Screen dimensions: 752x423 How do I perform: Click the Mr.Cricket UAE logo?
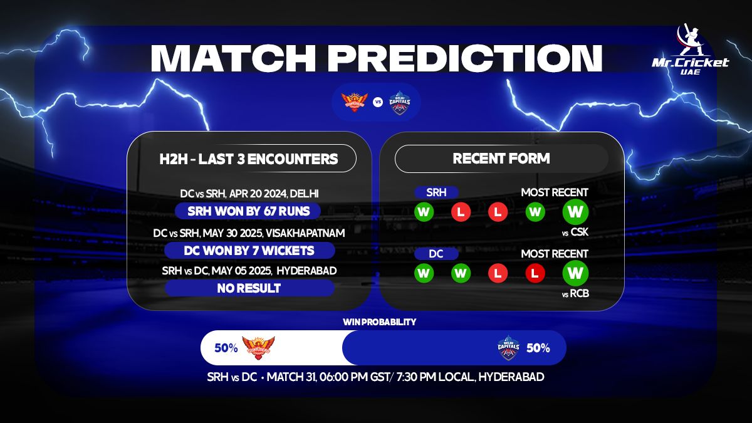[690, 50]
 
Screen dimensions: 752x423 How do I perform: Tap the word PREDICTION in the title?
[465, 58]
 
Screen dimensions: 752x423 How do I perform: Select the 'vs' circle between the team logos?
[378, 102]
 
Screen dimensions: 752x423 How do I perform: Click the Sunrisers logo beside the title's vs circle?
[355, 102]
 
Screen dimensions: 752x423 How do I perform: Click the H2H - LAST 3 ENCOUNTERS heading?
[249, 159]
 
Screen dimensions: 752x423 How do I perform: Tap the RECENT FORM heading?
[501, 159]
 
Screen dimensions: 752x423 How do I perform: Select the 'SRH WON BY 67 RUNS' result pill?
[248, 211]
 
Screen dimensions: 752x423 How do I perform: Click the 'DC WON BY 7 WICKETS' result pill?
[249, 251]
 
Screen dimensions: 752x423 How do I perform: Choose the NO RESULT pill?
[249, 288]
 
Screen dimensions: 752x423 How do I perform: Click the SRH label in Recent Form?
[436, 192]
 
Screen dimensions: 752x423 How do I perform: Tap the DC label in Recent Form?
[436, 254]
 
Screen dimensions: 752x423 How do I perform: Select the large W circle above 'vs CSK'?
[575, 212]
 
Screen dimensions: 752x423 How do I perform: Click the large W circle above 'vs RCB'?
[575, 273]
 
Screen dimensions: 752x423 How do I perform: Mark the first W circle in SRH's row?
[424, 212]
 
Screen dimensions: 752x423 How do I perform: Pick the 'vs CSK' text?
[575, 232]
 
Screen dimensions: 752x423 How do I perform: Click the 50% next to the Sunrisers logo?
[226, 348]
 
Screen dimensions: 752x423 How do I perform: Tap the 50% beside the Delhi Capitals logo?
[538, 348]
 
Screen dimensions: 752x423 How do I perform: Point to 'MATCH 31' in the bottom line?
[291, 377]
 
